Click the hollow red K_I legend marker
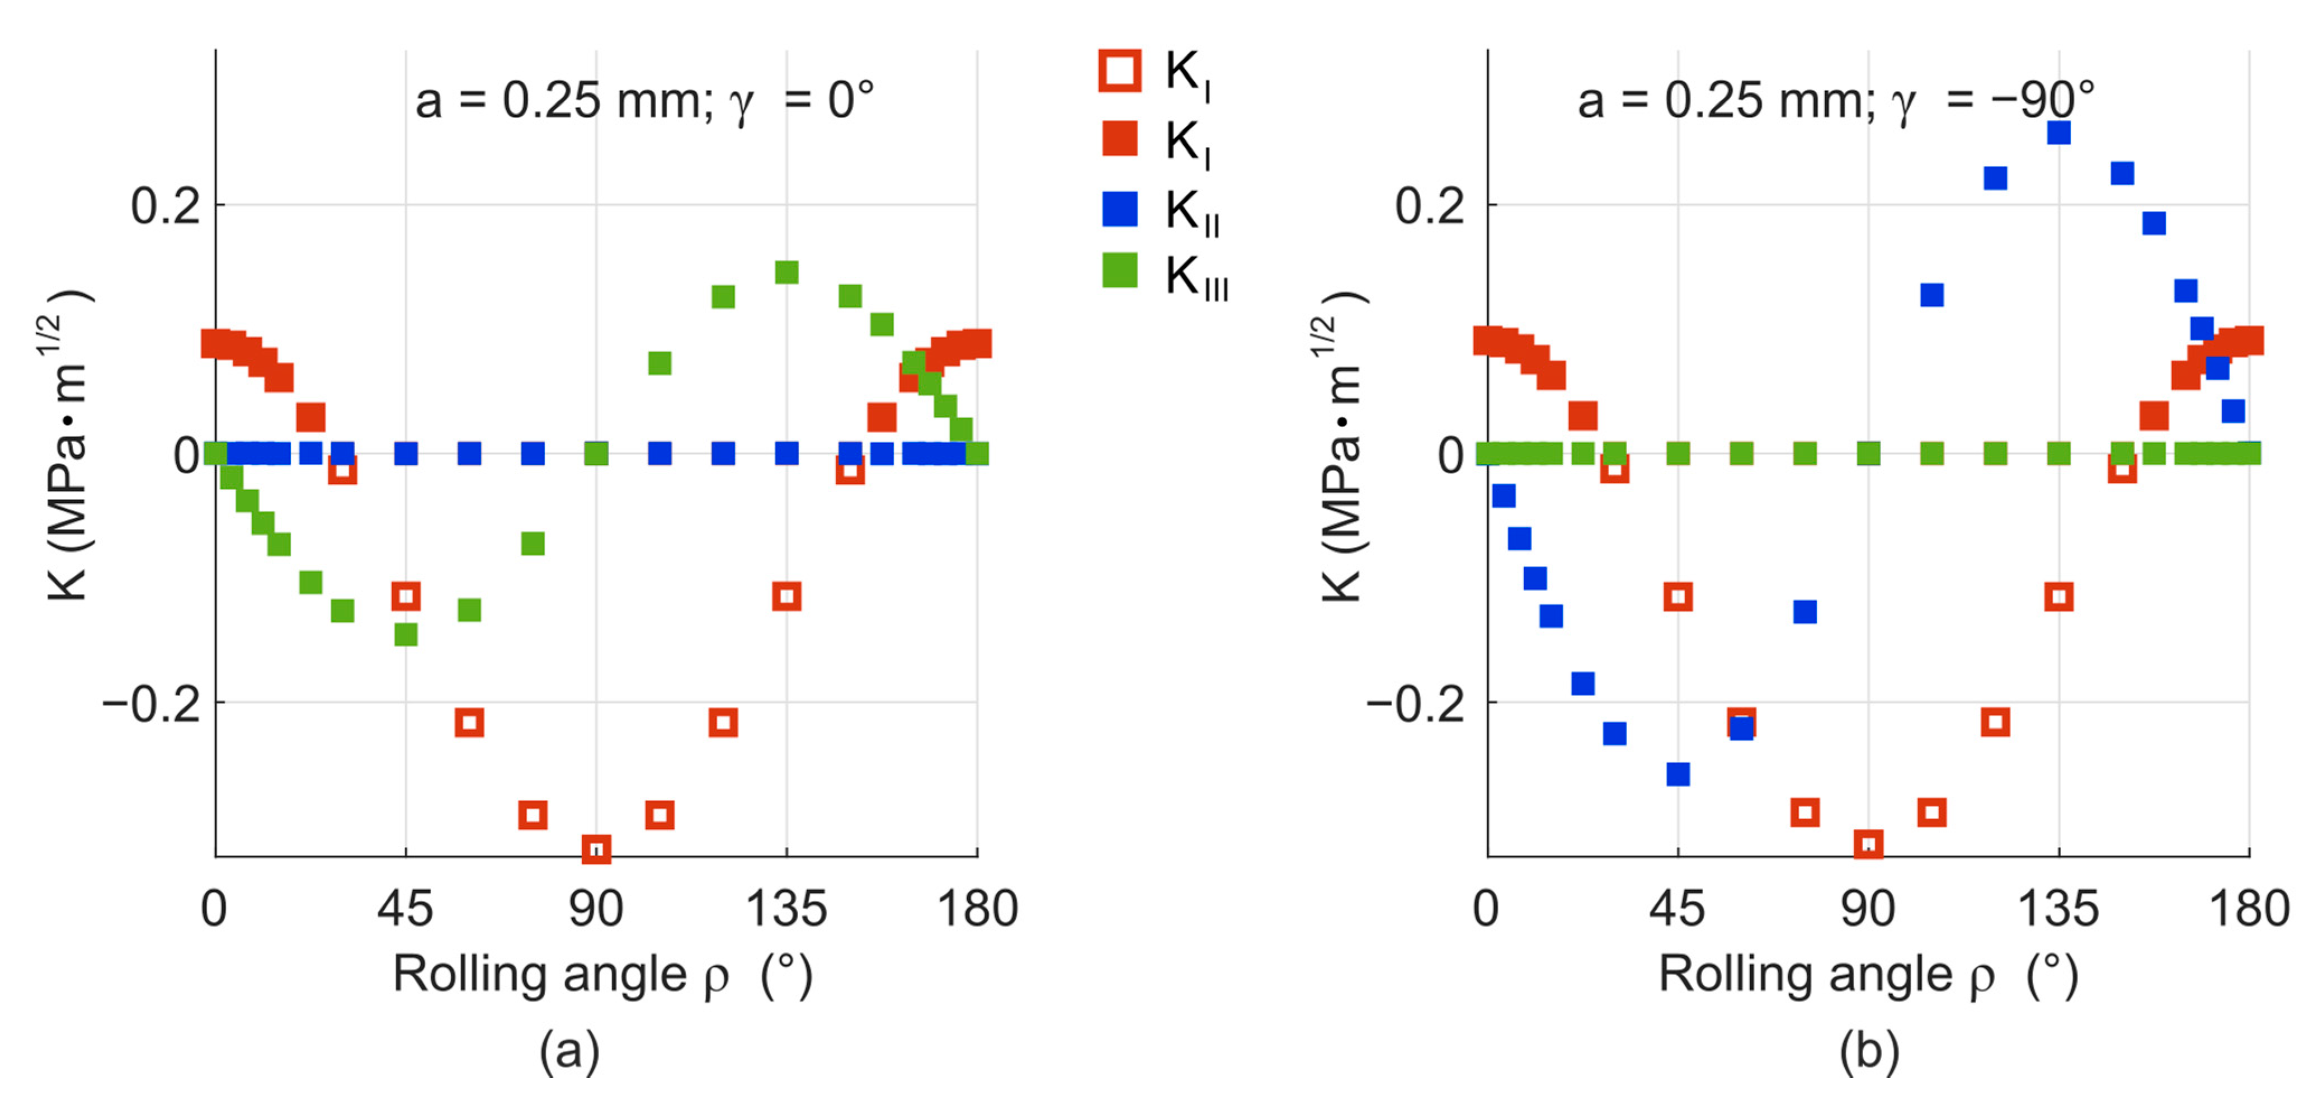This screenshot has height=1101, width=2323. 1119,70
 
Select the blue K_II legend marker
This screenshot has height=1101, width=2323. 1120,209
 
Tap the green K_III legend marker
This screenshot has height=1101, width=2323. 1120,270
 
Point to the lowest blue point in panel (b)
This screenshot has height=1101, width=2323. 1678,774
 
